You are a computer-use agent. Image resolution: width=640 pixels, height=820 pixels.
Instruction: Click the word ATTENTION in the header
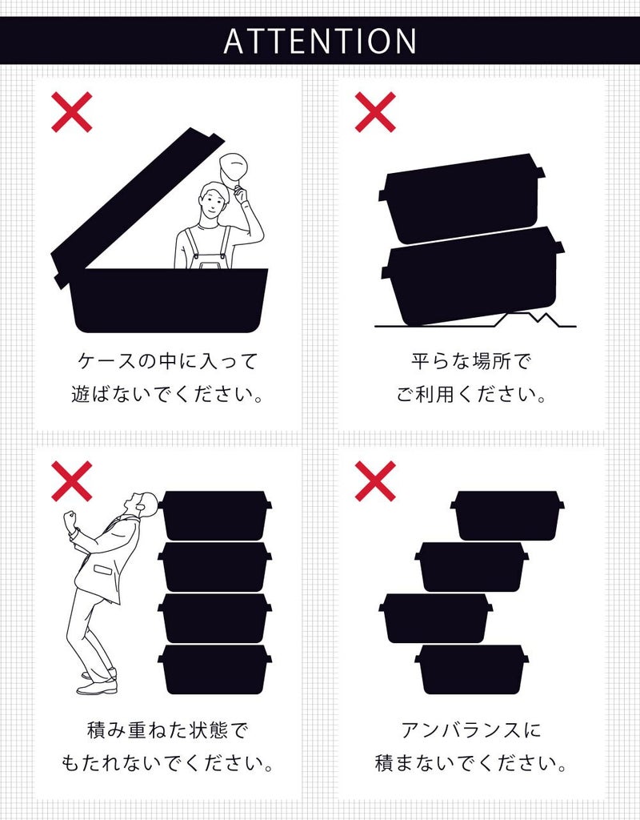point(320,41)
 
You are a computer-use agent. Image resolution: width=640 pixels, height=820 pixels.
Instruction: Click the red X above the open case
point(72,112)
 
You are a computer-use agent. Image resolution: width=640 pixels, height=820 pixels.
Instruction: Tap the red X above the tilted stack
point(375,112)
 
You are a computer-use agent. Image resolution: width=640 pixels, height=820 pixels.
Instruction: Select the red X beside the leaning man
point(72,481)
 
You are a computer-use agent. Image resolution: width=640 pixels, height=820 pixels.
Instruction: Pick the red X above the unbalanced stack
point(375,481)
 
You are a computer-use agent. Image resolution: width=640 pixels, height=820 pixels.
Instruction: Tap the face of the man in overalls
point(213,202)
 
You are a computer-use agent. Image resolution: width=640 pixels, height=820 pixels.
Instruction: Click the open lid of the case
point(137,207)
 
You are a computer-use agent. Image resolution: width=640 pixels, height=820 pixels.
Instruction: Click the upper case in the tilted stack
point(462,199)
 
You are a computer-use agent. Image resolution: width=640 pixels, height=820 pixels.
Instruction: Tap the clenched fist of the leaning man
point(70,521)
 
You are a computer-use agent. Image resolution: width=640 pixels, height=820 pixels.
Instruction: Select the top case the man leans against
point(214,516)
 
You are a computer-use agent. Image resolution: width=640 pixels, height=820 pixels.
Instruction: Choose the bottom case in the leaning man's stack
point(214,670)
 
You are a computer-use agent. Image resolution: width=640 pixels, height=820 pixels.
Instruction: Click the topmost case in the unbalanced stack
point(507,516)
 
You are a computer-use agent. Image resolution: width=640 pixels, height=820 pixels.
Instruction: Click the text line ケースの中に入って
point(167,361)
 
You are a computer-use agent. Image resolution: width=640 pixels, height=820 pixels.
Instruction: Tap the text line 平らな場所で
point(470,361)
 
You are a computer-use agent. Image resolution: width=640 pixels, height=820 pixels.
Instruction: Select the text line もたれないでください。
point(167,763)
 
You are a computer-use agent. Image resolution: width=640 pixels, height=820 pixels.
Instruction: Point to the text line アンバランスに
point(471,730)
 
